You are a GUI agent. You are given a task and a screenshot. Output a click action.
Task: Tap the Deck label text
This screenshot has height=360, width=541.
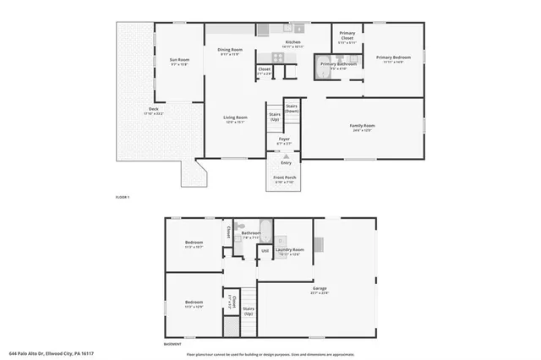click(x=155, y=109)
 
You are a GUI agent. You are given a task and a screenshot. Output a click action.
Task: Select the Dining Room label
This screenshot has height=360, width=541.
click(x=231, y=50)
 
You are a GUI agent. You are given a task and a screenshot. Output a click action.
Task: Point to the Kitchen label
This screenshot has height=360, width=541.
click(x=292, y=42)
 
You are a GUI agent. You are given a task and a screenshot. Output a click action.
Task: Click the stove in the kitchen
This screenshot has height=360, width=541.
click(x=276, y=58)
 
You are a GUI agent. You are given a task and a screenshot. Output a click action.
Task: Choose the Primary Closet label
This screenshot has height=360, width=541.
click(x=347, y=36)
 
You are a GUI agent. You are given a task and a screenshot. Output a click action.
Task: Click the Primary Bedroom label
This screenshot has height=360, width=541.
click(x=393, y=58)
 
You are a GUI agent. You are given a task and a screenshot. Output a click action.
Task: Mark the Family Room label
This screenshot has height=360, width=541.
click(x=363, y=127)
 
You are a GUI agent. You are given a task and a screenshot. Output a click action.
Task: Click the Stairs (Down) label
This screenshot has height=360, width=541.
click(x=292, y=108)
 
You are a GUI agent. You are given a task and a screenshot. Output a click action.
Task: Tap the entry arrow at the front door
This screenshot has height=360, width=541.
click(x=287, y=156)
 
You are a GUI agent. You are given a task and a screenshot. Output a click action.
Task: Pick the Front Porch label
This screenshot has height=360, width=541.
click(x=284, y=178)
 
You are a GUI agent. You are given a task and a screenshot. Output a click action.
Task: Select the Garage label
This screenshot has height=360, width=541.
click(x=320, y=288)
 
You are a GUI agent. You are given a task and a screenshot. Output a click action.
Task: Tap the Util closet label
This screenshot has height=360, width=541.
click(x=264, y=251)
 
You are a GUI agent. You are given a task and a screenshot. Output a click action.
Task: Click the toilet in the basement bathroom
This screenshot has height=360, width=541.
click(x=240, y=227)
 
